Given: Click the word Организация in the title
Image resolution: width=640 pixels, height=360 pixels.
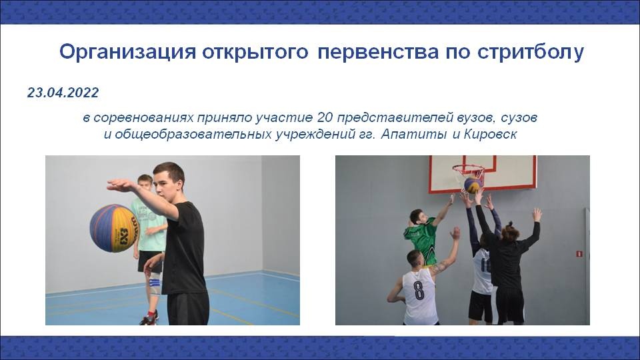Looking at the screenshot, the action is (x=128, y=52).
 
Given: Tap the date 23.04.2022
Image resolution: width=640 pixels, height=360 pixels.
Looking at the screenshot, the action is (x=63, y=93).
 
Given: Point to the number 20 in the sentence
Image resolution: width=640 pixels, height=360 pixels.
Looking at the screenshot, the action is (x=325, y=117).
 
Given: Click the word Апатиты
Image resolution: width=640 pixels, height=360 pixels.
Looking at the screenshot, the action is (x=414, y=134).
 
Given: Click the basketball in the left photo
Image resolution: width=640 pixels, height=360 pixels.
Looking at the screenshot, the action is (x=114, y=228).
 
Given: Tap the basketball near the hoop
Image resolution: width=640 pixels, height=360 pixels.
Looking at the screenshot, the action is (x=473, y=185).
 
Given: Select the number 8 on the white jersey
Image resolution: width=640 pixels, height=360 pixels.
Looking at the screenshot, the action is (x=419, y=290).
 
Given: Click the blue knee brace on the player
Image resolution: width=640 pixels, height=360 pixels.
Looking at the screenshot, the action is (x=154, y=283).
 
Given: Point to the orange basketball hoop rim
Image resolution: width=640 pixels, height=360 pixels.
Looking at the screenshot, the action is (x=468, y=168).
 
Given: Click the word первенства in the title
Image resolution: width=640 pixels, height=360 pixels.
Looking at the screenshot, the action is (x=378, y=52).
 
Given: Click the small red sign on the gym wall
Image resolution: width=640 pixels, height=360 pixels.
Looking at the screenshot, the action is (x=579, y=254).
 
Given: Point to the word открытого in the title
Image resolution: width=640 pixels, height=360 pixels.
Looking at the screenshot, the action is (x=255, y=52).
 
